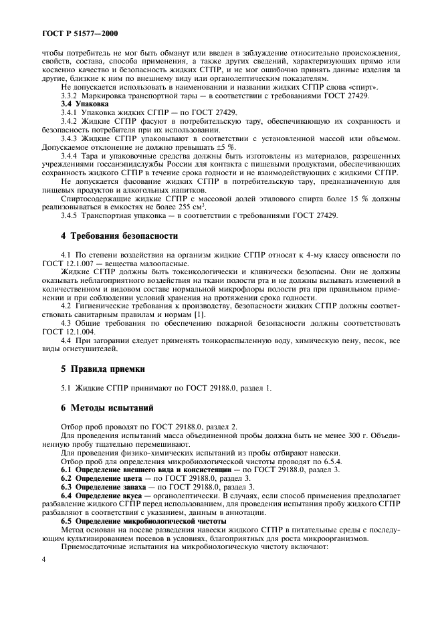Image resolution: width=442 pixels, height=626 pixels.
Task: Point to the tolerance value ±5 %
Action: tap(226, 146)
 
